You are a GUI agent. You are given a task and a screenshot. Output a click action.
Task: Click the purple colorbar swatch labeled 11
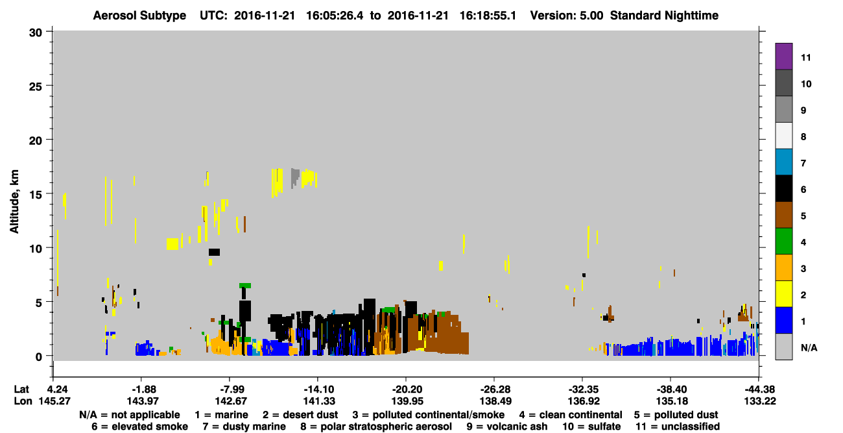783,56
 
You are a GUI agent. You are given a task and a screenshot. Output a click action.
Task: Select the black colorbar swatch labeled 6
783,188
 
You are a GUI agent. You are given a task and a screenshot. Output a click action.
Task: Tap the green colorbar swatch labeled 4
783,241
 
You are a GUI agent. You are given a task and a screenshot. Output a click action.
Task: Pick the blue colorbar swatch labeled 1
783,320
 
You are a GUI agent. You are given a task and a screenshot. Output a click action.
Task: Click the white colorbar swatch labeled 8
783,136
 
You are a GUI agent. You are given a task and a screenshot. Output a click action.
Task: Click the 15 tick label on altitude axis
36,195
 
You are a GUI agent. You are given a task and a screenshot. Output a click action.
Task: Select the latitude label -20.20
407,389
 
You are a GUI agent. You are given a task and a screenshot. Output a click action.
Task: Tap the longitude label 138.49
495,401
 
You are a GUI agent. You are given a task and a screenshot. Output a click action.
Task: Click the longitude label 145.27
54,401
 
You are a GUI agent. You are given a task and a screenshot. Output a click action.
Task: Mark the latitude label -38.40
671,389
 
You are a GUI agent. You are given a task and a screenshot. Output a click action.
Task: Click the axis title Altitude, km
14,202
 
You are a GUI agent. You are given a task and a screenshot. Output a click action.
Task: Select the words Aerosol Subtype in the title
139,16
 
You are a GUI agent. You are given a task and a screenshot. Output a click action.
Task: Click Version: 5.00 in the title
566,16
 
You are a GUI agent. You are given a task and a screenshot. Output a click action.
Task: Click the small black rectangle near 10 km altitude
214,252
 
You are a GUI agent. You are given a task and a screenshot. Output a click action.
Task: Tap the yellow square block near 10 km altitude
172,244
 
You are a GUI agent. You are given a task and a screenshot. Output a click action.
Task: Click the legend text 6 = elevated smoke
139,427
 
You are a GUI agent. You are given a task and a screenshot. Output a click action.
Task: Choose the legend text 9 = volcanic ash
507,427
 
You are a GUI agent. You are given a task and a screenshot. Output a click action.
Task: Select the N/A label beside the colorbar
809,347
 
